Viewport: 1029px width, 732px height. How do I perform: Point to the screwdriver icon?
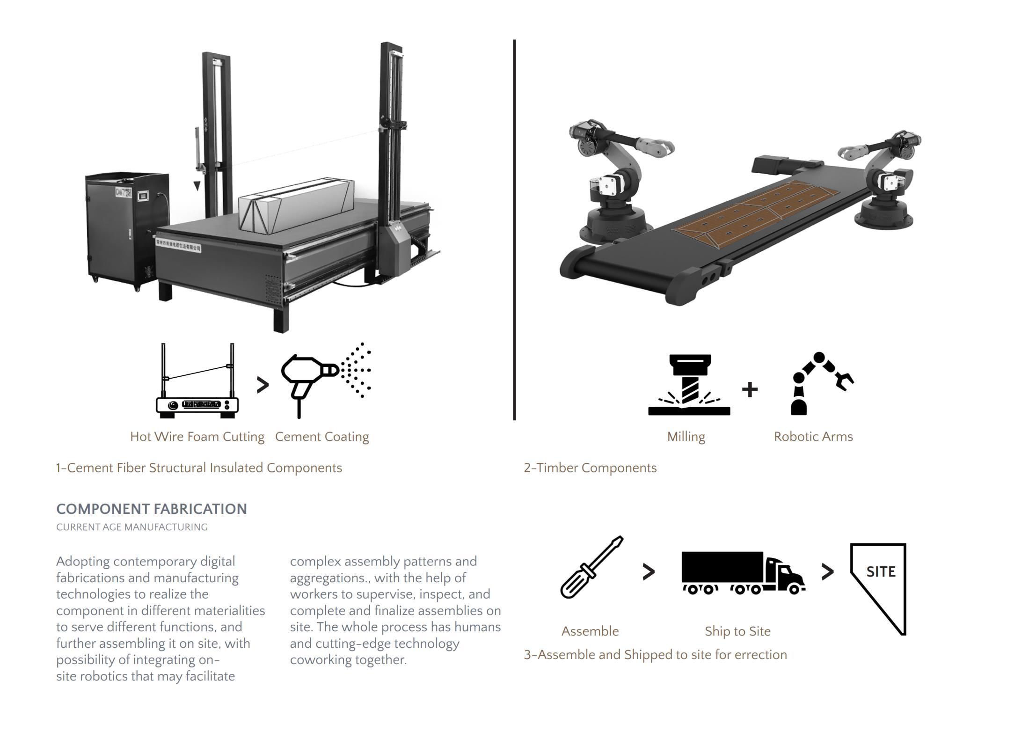tap(591, 567)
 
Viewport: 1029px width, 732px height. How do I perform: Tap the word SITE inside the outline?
tap(881, 571)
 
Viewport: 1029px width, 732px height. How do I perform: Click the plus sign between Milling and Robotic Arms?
tap(750, 389)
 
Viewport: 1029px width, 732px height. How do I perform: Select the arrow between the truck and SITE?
tap(827, 571)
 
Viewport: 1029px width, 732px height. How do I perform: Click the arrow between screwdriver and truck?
tap(649, 571)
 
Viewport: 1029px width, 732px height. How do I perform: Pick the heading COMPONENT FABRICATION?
tap(152, 509)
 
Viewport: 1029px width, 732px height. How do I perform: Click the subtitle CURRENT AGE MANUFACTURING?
tap(131, 527)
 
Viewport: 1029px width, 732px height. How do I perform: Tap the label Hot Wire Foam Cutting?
tap(197, 437)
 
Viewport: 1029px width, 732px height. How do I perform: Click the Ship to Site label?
tap(737, 631)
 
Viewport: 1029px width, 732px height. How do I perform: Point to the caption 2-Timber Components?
tap(590, 468)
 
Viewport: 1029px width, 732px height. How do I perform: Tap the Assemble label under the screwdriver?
tap(590, 631)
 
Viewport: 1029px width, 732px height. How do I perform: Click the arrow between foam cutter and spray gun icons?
tap(263, 385)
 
